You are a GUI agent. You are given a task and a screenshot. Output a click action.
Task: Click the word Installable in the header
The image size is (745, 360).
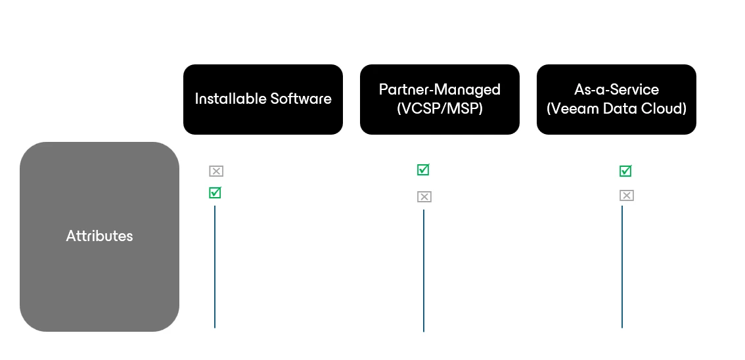[231, 99]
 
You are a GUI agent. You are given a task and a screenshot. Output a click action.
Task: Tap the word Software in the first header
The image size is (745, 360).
[301, 99]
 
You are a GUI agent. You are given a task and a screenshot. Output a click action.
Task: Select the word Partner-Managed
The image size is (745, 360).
[440, 90]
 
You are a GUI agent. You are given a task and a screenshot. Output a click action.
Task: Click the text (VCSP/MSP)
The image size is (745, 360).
[440, 109]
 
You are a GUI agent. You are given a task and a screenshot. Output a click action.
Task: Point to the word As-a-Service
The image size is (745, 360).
[616, 89]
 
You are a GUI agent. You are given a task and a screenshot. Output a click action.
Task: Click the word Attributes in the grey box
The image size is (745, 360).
[99, 236]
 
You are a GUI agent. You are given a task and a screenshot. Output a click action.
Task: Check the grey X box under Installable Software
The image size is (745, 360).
[216, 171]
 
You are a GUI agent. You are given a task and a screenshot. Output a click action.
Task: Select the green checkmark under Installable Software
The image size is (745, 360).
[215, 192]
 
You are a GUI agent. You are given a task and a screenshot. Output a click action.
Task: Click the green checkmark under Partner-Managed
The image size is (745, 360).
[423, 169]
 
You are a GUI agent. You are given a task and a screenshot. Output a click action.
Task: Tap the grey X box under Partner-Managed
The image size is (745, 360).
[424, 196]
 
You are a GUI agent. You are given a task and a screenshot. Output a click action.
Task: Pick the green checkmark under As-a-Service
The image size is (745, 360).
[625, 171]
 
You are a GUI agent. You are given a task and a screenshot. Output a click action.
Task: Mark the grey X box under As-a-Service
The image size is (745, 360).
[627, 195]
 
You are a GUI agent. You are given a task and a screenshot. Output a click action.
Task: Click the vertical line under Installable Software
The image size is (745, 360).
[215, 267]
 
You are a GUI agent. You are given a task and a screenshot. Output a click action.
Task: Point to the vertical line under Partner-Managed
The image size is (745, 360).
[424, 271]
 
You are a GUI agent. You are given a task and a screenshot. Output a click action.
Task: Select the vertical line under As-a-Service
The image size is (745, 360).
[622, 267]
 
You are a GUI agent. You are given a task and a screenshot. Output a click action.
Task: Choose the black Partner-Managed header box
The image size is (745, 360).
[440, 99]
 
